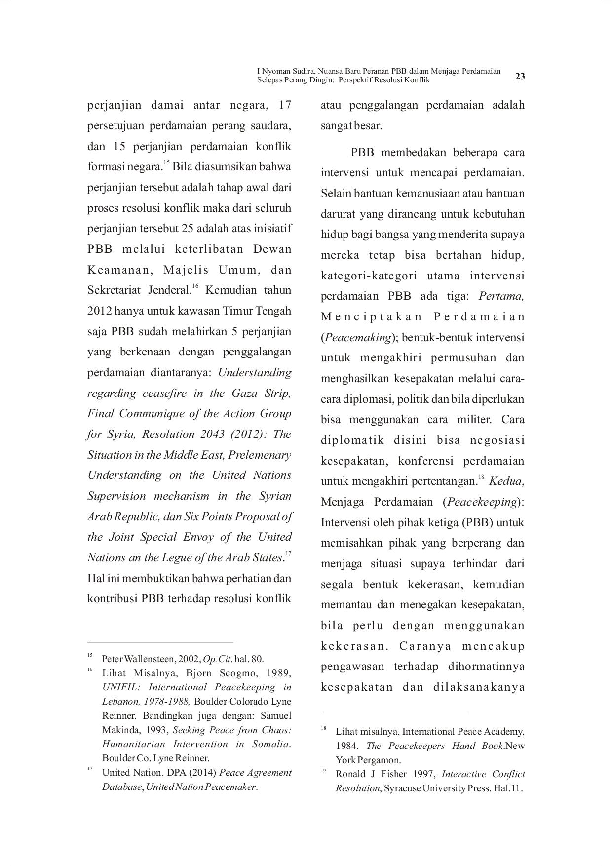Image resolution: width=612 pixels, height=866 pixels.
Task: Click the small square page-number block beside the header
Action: [x=519, y=77]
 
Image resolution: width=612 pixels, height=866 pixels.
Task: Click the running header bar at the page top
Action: [x=379, y=76]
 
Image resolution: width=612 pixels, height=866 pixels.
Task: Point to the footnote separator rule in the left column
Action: [x=161, y=642]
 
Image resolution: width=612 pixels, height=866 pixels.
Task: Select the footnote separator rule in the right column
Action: [x=394, y=712]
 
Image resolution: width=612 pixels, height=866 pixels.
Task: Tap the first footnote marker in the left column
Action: [x=90, y=656]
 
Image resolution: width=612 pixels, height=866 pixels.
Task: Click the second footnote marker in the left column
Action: [x=90, y=670]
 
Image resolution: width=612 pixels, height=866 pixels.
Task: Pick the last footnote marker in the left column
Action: [x=90, y=769]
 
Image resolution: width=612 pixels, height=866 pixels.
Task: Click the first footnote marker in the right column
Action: [x=324, y=727]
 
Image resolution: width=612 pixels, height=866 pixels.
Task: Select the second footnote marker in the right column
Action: [x=324, y=770]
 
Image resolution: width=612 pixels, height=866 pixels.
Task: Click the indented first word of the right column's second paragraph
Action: [x=361, y=153]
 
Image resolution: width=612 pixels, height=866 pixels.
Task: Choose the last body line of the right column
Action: [x=422, y=687]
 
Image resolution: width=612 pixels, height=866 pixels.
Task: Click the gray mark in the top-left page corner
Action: [x=5, y=1]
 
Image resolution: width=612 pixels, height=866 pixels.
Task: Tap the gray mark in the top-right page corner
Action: [x=606, y=1]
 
